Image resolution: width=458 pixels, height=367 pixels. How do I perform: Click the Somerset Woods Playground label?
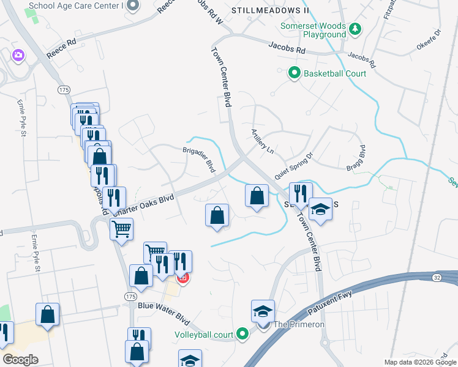312,31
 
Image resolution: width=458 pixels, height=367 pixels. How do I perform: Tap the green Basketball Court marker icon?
295,73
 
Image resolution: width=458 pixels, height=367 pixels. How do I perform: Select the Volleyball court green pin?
243,334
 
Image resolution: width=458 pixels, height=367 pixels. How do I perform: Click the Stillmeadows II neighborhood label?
270,11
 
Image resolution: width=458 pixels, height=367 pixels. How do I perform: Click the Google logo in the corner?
20,360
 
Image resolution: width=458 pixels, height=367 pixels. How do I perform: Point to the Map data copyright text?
420,362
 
